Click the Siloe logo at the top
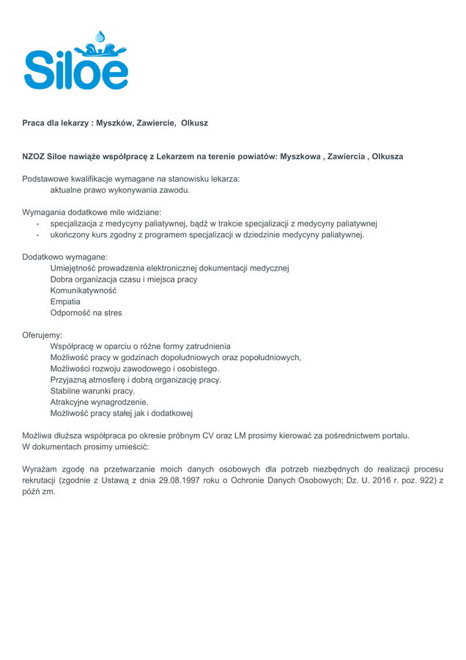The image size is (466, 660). tap(76, 65)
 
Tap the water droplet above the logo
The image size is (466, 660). tap(100, 35)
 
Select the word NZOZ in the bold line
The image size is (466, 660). tap(33, 157)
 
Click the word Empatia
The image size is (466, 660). tap(65, 301)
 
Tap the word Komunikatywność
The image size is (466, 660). tap(84, 290)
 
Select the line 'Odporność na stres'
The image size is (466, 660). tap(86, 312)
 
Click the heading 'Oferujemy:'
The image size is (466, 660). tap(42, 335)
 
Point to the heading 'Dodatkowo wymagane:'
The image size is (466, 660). tap(65, 257)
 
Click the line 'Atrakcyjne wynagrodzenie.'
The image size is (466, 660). tap(99, 402)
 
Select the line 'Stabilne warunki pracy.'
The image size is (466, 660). tap(92, 391)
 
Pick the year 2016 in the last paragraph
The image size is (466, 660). tap(375, 480)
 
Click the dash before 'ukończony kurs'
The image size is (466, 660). tap(37, 235)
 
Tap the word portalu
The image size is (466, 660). tap(393, 436)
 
